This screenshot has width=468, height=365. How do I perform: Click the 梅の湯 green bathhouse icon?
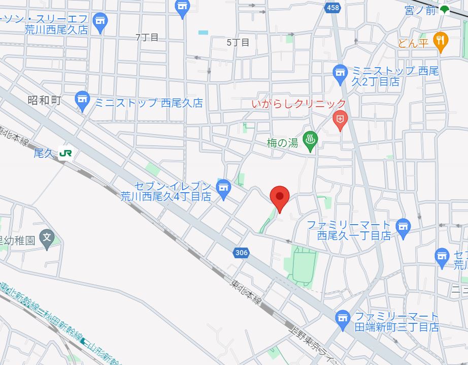[310, 139]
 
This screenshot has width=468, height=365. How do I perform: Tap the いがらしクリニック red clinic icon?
[340, 120]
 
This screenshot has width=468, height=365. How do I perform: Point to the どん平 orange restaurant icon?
[441, 41]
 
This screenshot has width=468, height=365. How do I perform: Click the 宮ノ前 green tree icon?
[445, 10]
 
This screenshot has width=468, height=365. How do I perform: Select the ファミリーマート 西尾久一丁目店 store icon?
[403, 226]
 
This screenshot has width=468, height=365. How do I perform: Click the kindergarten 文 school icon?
[47, 238]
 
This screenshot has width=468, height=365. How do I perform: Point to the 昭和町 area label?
[44, 100]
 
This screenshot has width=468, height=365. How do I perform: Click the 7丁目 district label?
[147, 38]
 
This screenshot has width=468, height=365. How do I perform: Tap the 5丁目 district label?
[238, 43]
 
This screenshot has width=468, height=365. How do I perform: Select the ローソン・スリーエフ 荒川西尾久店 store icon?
[100, 21]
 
